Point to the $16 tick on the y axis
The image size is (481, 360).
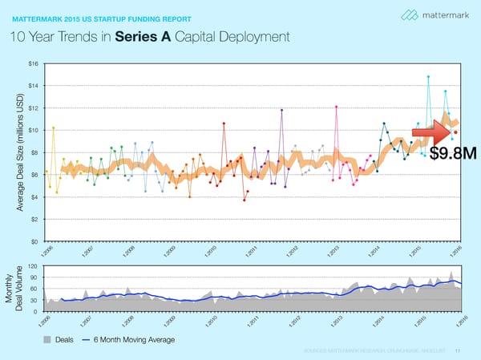point(33,63)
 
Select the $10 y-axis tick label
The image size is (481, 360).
point(33,130)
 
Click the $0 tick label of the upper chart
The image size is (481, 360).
point(35,241)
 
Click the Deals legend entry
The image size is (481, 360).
point(59,340)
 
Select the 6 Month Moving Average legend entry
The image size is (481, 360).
point(124,340)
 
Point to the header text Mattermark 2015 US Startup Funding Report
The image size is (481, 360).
point(101,14)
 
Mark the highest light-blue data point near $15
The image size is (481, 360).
point(429,77)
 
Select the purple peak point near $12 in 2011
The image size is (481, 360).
point(282,110)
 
